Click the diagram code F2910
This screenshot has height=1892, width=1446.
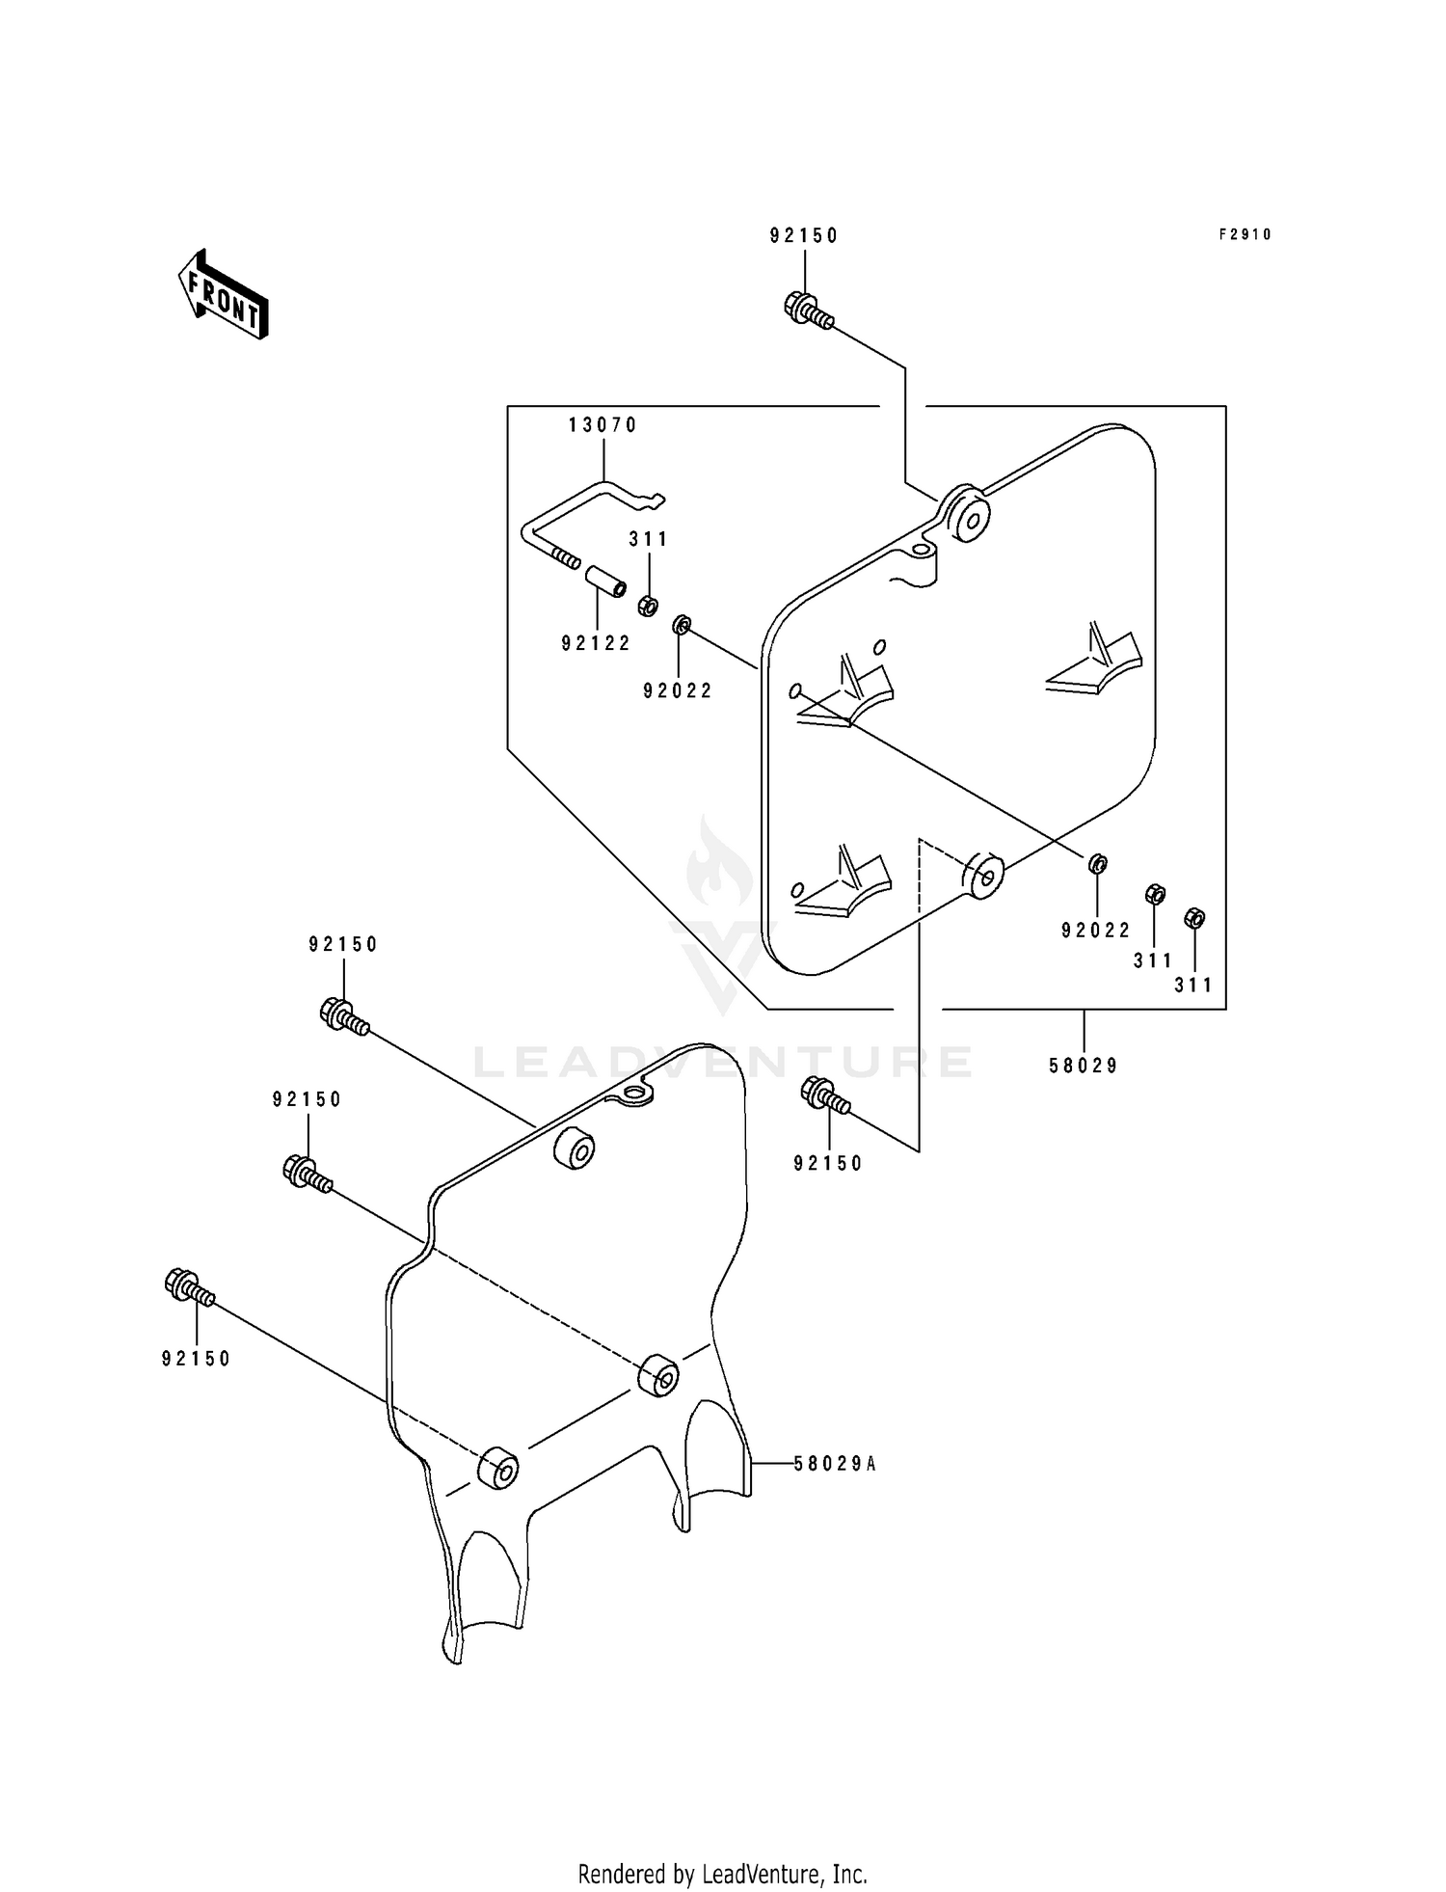click(1245, 234)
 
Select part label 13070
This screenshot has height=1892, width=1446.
click(603, 424)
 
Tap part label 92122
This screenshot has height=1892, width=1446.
click(596, 643)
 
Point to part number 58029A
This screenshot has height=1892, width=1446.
click(835, 1463)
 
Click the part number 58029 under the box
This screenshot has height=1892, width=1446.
click(1084, 1066)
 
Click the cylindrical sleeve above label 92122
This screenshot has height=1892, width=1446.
click(603, 582)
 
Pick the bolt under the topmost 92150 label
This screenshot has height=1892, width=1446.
click(807, 310)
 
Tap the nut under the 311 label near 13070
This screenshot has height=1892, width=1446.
click(649, 606)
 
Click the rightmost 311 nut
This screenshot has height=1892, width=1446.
click(1193, 917)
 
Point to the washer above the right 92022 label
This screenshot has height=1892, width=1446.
click(1097, 863)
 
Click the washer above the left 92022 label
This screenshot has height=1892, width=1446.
click(681, 625)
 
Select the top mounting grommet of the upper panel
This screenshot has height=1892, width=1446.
click(966, 515)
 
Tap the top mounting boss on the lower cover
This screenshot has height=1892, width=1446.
click(574, 1147)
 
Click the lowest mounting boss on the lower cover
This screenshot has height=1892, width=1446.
click(497, 1468)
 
